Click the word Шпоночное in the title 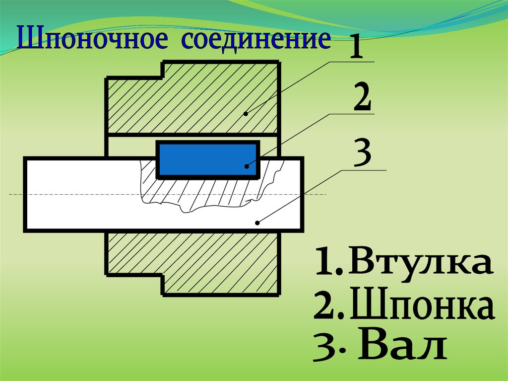coord(92,40)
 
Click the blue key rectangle coord(207,160)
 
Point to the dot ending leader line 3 coord(257,223)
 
